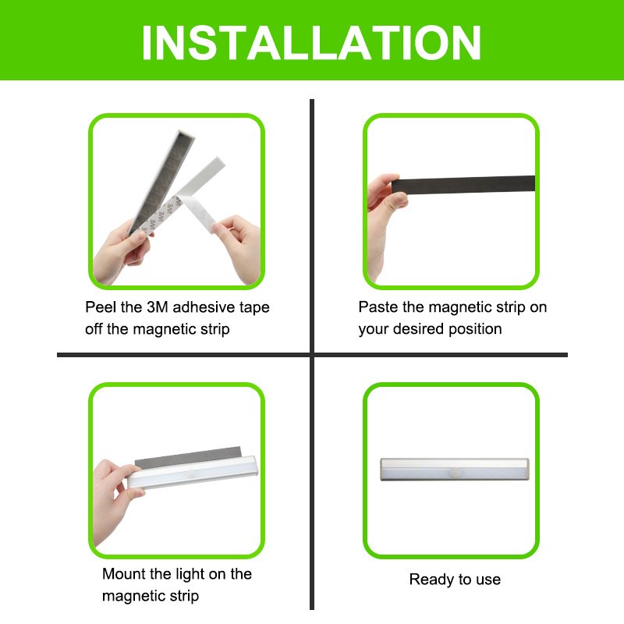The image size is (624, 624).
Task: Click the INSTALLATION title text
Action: [311, 43]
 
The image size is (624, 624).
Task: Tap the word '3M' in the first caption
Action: [158, 307]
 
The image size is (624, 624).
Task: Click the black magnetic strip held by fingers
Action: [463, 184]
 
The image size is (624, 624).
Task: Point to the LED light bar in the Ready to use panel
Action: [455, 470]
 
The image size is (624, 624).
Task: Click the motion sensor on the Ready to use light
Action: [455, 472]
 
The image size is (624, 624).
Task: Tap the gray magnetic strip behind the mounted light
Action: [188, 456]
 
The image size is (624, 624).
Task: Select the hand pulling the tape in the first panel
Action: [237, 247]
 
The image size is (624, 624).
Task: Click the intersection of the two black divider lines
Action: [312, 355]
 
